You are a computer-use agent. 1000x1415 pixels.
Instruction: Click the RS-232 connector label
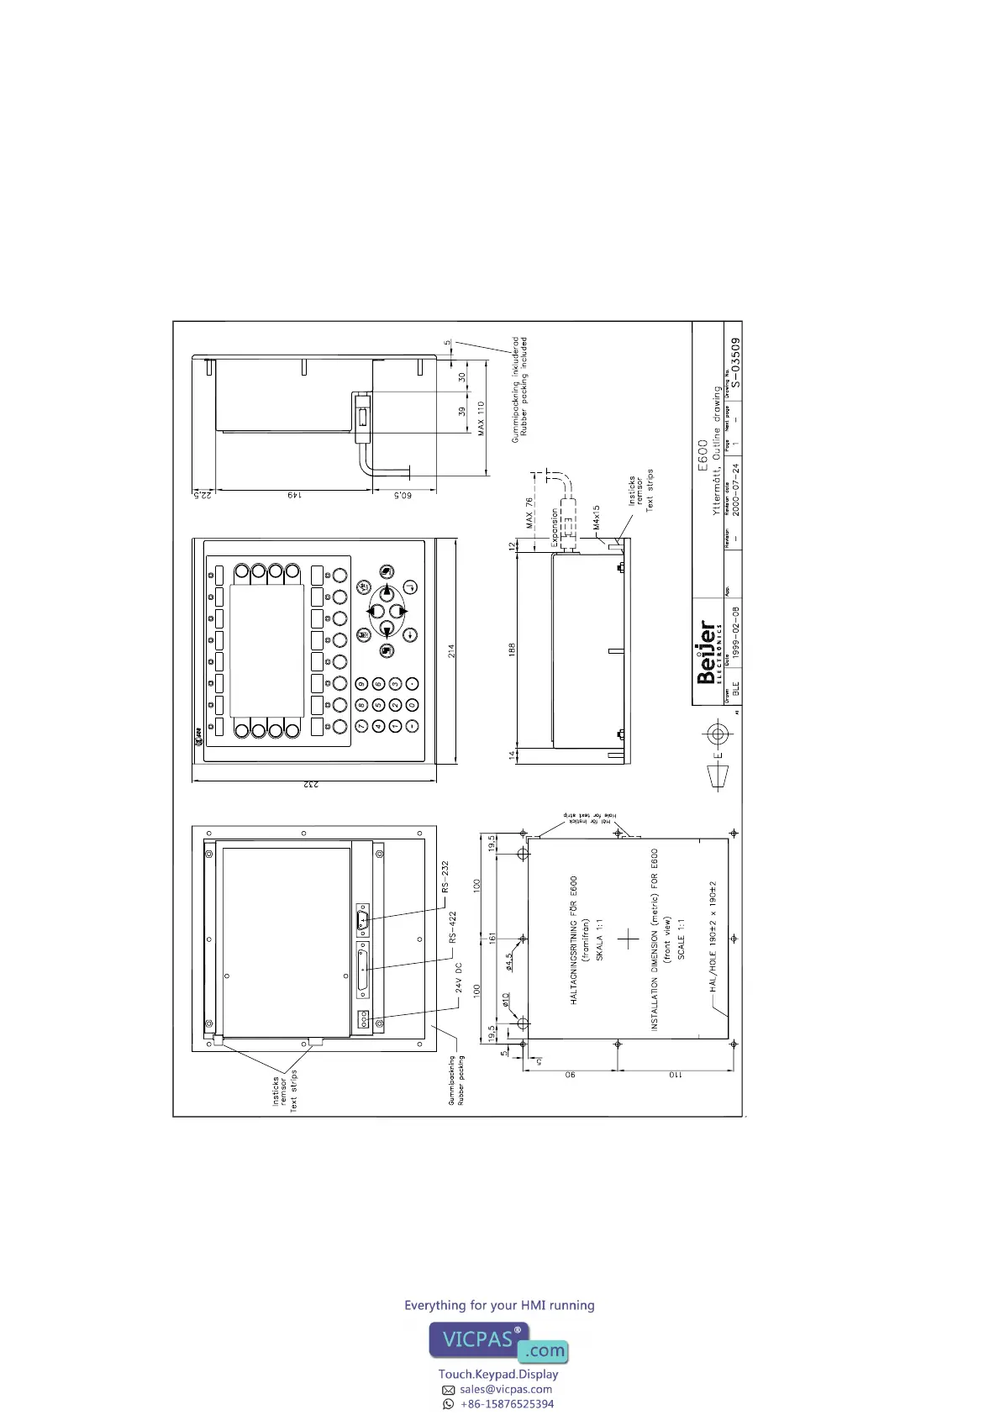coord(446,876)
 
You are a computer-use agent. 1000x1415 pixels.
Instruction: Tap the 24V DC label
coord(459,978)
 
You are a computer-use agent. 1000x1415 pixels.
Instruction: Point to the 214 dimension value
coord(452,650)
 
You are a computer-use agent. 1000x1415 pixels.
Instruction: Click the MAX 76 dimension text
coord(529,513)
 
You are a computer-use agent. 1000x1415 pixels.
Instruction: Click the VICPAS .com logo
coord(499,1342)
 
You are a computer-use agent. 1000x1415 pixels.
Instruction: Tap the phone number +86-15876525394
coord(507,1403)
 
